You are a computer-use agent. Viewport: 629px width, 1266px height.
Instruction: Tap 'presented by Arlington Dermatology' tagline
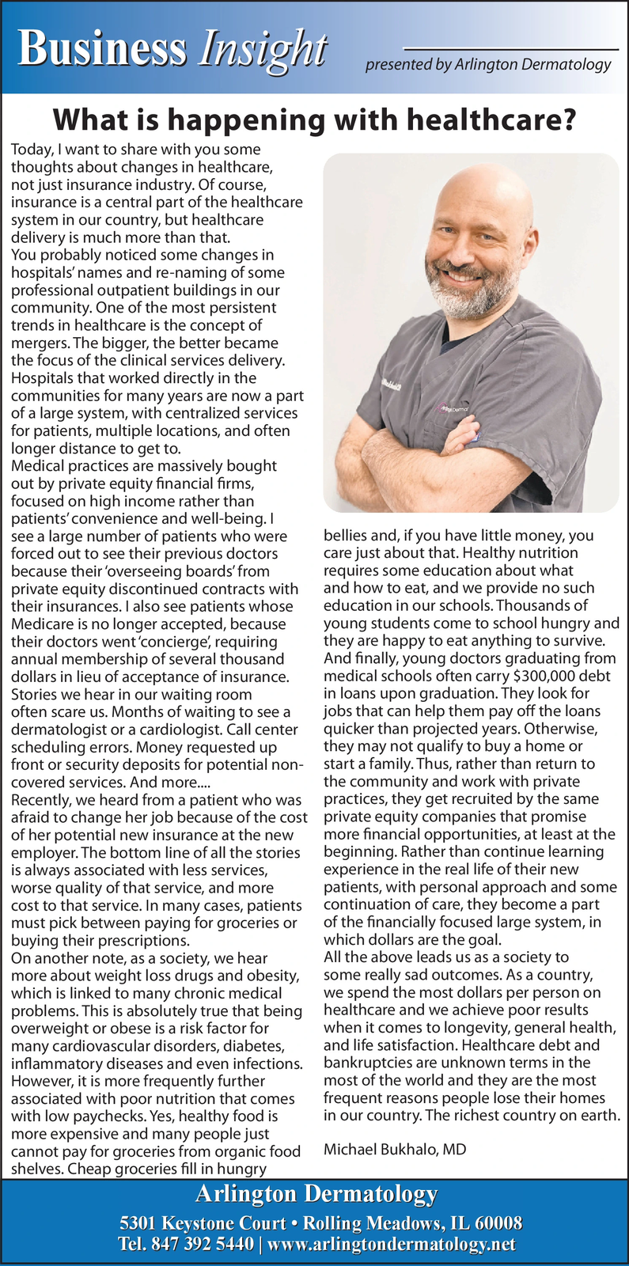point(487,65)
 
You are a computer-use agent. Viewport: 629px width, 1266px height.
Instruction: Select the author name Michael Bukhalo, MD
point(395,1148)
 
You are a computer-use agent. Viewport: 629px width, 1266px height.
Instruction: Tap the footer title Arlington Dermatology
point(316,1193)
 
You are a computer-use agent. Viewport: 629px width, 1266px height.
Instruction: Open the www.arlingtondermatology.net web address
point(392,1245)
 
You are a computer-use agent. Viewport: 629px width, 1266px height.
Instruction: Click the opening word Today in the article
point(29,149)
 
